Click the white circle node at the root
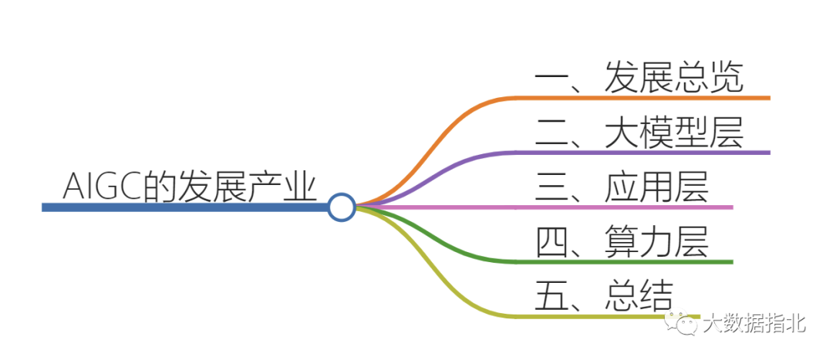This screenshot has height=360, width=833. [x=340, y=207]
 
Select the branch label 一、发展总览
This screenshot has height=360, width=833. [x=639, y=78]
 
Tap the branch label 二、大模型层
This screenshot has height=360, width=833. [x=639, y=133]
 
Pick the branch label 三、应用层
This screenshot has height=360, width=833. [x=622, y=187]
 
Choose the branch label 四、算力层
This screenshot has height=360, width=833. [x=622, y=242]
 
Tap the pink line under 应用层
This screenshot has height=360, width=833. [x=632, y=207]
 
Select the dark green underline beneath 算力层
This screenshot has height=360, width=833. [x=632, y=262]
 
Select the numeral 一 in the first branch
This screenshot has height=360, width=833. [x=551, y=78]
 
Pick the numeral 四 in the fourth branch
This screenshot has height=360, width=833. [x=552, y=242]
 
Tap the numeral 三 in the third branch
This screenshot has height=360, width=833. [x=552, y=187]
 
